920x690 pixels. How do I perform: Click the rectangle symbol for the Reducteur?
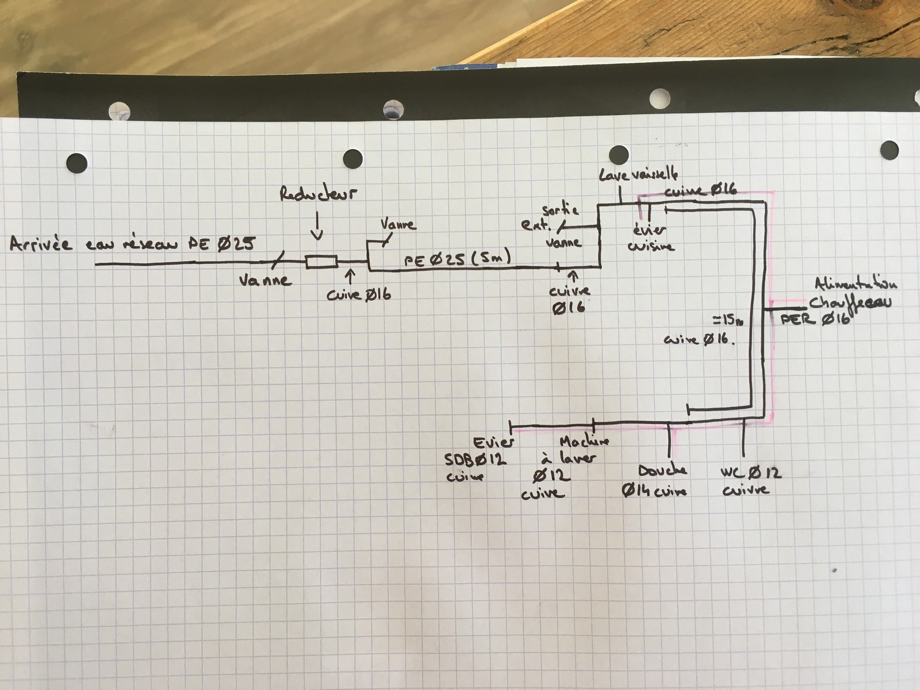pos(321,263)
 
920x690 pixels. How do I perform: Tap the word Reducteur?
pos(318,194)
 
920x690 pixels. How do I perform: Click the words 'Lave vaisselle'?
pos(638,174)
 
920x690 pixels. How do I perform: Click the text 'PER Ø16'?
pos(815,319)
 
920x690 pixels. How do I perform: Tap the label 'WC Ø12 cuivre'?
pos(750,481)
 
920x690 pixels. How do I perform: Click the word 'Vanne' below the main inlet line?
pos(265,281)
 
